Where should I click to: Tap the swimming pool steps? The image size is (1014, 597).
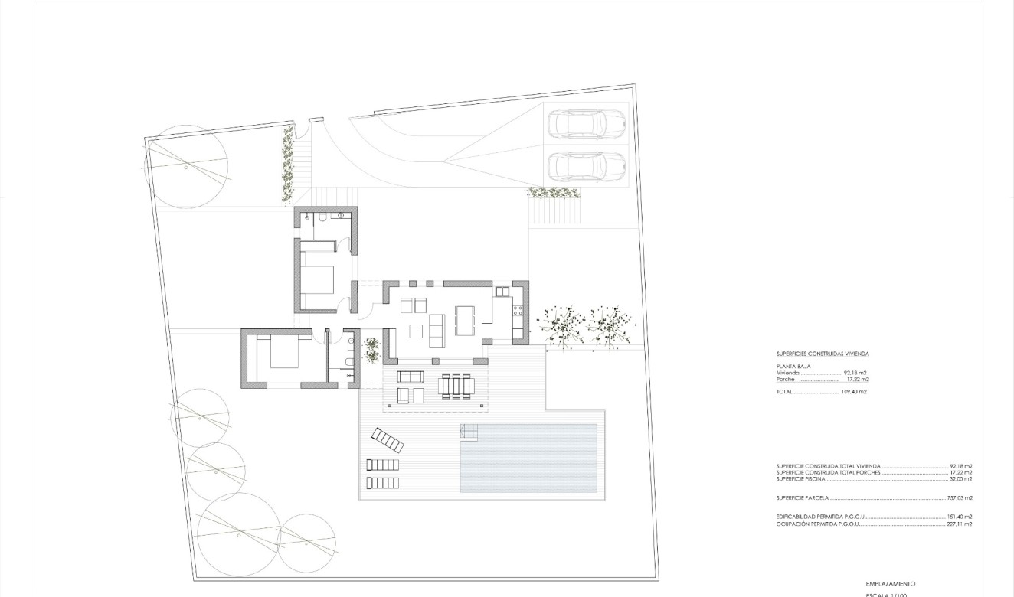coord(469,432)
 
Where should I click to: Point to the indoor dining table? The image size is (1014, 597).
coord(465,320)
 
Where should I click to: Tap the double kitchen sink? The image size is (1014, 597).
coord(502,292)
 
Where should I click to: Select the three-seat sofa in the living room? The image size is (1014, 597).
coord(437,330)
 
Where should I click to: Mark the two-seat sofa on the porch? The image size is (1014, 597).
coord(410,377)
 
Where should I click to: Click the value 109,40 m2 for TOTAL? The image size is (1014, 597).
coord(854,392)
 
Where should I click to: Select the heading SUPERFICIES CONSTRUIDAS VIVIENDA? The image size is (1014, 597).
coord(823,354)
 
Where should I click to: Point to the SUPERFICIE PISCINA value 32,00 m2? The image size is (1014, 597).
coord(960,479)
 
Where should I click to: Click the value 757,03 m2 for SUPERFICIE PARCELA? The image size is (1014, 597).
coord(960,498)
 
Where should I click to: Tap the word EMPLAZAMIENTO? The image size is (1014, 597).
coord(890,584)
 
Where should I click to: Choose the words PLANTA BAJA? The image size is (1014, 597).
coord(793,367)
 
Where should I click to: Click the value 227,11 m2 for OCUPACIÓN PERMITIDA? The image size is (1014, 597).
coord(960,524)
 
